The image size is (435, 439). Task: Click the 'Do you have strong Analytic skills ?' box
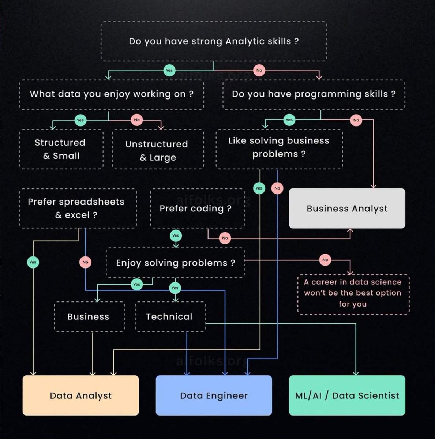click(214, 41)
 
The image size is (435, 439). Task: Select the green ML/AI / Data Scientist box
click(347, 395)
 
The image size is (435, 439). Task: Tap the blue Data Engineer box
click(214, 395)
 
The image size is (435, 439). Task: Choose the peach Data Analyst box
click(80, 395)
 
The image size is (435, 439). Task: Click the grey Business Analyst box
click(347, 209)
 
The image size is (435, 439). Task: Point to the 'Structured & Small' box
click(61, 149)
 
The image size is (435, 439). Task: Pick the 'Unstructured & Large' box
click(158, 150)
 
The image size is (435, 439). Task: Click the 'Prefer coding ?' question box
click(197, 209)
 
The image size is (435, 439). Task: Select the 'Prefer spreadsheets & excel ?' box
click(78, 209)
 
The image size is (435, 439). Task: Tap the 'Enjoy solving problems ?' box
click(175, 263)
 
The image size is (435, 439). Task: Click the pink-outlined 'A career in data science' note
click(353, 293)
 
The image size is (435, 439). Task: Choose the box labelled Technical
click(170, 316)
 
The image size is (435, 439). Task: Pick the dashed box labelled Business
click(89, 316)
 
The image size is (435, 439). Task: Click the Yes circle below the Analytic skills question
click(169, 70)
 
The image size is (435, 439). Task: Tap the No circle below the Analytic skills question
click(259, 70)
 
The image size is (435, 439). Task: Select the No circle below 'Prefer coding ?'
click(225, 238)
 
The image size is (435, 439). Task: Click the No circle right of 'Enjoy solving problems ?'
click(325, 260)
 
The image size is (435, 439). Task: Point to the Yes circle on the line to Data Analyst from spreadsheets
click(33, 262)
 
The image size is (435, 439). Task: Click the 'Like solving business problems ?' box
click(279, 148)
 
